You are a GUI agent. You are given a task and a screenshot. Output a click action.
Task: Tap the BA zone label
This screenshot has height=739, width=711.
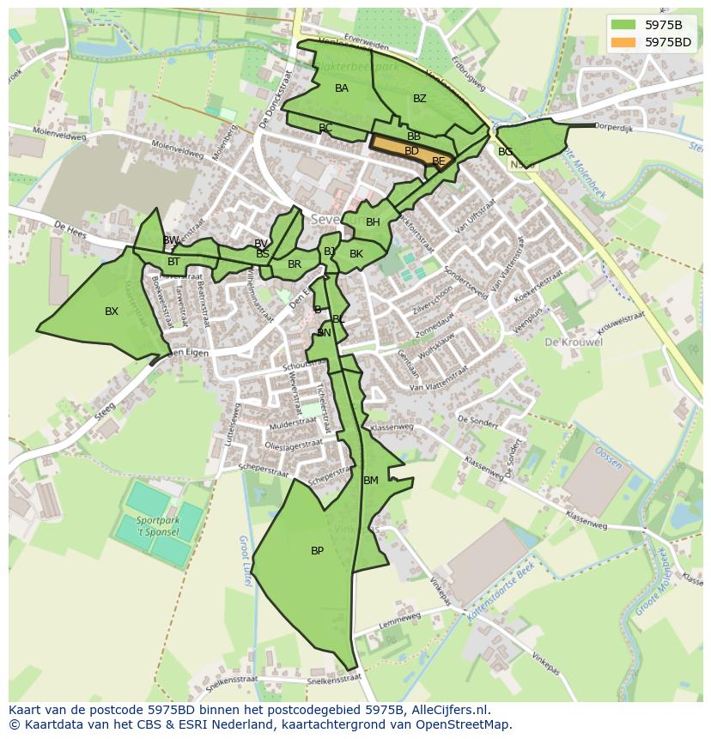pyautogui.click(x=342, y=88)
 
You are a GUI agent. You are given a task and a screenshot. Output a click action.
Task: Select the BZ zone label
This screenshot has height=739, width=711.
pyautogui.click(x=419, y=99)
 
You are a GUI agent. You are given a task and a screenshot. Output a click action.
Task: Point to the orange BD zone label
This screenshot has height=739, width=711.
pyautogui.click(x=411, y=151)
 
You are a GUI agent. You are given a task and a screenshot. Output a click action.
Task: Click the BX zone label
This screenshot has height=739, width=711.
pyautogui.click(x=112, y=312)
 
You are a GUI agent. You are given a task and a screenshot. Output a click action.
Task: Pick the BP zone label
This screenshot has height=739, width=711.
pyautogui.click(x=317, y=551)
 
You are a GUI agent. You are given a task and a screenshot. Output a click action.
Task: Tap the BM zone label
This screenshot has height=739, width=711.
pyautogui.click(x=371, y=481)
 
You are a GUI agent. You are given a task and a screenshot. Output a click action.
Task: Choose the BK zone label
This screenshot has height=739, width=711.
pyautogui.click(x=356, y=254)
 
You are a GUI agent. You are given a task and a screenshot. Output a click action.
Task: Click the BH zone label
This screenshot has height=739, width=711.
pyautogui.click(x=373, y=222)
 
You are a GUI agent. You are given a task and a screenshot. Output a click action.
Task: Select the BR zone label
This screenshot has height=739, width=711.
pyautogui.click(x=295, y=264)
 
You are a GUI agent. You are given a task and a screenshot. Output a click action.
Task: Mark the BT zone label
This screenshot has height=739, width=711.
pyautogui.click(x=173, y=262)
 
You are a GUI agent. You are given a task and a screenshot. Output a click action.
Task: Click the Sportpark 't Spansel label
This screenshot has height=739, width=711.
pyautogui.click(x=157, y=526)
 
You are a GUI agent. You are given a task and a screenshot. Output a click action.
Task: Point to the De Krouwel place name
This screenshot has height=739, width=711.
pyautogui.click(x=573, y=342)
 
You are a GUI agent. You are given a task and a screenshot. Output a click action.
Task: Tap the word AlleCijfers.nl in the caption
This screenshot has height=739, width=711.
pyautogui.click(x=449, y=710)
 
